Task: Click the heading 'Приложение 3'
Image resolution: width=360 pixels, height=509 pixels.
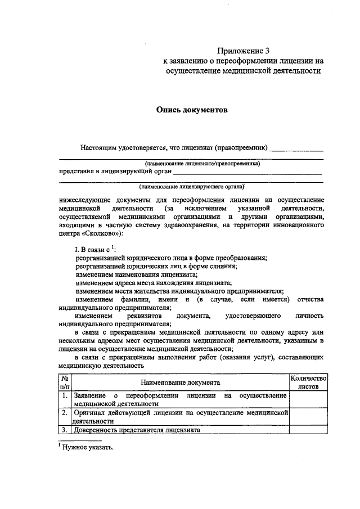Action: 241,49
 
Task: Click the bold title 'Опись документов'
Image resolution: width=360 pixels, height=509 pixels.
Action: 191,110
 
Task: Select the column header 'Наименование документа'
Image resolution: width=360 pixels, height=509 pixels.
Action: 180,382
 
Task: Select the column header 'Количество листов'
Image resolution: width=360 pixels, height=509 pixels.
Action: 308,383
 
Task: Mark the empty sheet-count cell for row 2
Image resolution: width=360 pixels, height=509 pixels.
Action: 308,416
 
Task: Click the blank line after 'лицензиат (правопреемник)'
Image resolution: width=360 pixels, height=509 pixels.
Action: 296,150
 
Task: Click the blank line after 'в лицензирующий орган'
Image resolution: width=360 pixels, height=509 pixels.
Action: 247,172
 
